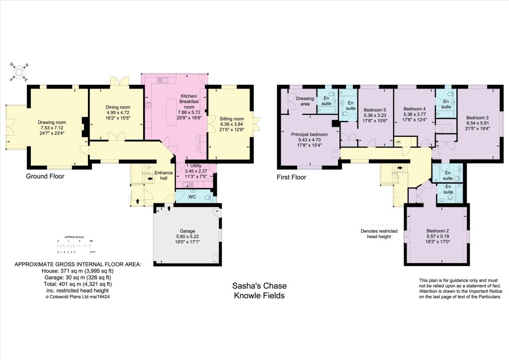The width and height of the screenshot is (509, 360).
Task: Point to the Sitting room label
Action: [x=232, y=119]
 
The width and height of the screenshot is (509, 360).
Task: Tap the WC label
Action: [x=191, y=196]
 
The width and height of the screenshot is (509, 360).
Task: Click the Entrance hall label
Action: [x=163, y=175]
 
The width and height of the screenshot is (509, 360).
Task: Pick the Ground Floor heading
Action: [x=46, y=176]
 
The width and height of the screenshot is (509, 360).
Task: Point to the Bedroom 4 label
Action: [x=415, y=109]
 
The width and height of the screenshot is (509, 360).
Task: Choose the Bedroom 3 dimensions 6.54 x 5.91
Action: [x=478, y=122]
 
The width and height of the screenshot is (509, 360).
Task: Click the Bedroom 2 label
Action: [x=437, y=231]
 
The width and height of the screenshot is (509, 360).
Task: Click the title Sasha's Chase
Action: [x=259, y=286]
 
